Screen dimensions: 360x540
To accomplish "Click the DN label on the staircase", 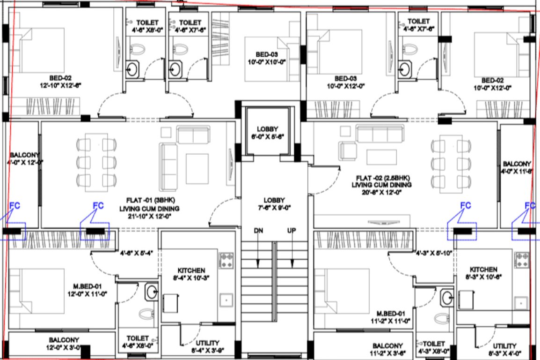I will pyautogui.click(x=258, y=231).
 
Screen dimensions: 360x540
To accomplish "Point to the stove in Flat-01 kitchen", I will pyautogui.click(x=226, y=260).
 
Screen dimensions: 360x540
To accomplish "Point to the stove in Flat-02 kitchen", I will pyautogui.click(x=522, y=260).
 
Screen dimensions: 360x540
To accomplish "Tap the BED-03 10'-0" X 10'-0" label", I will pyautogui.click(x=267, y=58).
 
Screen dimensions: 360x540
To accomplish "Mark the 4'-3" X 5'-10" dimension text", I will pyautogui.click(x=433, y=254).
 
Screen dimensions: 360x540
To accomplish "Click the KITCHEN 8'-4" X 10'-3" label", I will pyautogui.click(x=191, y=274).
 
